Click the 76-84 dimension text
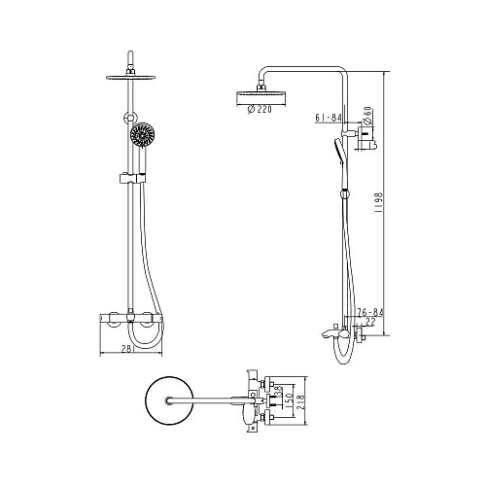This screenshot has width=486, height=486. click(369, 312)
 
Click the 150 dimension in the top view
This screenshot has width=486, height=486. click(289, 399)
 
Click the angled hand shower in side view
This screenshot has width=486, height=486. click(337, 152)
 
